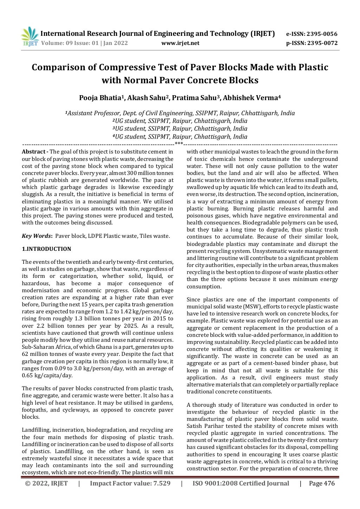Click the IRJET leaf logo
tap(30, 37)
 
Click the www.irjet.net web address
tap(180, 43)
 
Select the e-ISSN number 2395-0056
tap(322, 34)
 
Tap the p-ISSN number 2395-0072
tap(322, 43)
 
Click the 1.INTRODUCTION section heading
tap(46, 249)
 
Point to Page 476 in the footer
tap(322, 483)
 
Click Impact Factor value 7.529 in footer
tap(130, 483)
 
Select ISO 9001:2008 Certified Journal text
tap(240, 483)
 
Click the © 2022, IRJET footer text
tap(46, 483)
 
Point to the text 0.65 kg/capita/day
tap(47, 376)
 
